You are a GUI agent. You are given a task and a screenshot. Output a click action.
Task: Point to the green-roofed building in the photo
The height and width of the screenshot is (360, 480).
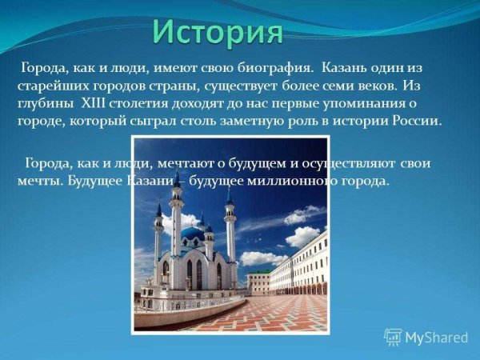pyautogui.click(x=258, y=279)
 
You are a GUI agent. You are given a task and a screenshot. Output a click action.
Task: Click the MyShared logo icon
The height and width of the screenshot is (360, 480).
pyautogui.click(x=393, y=337)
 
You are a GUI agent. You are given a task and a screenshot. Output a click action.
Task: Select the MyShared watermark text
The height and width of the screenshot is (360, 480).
pyautogui.click(x=437, y=338)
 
